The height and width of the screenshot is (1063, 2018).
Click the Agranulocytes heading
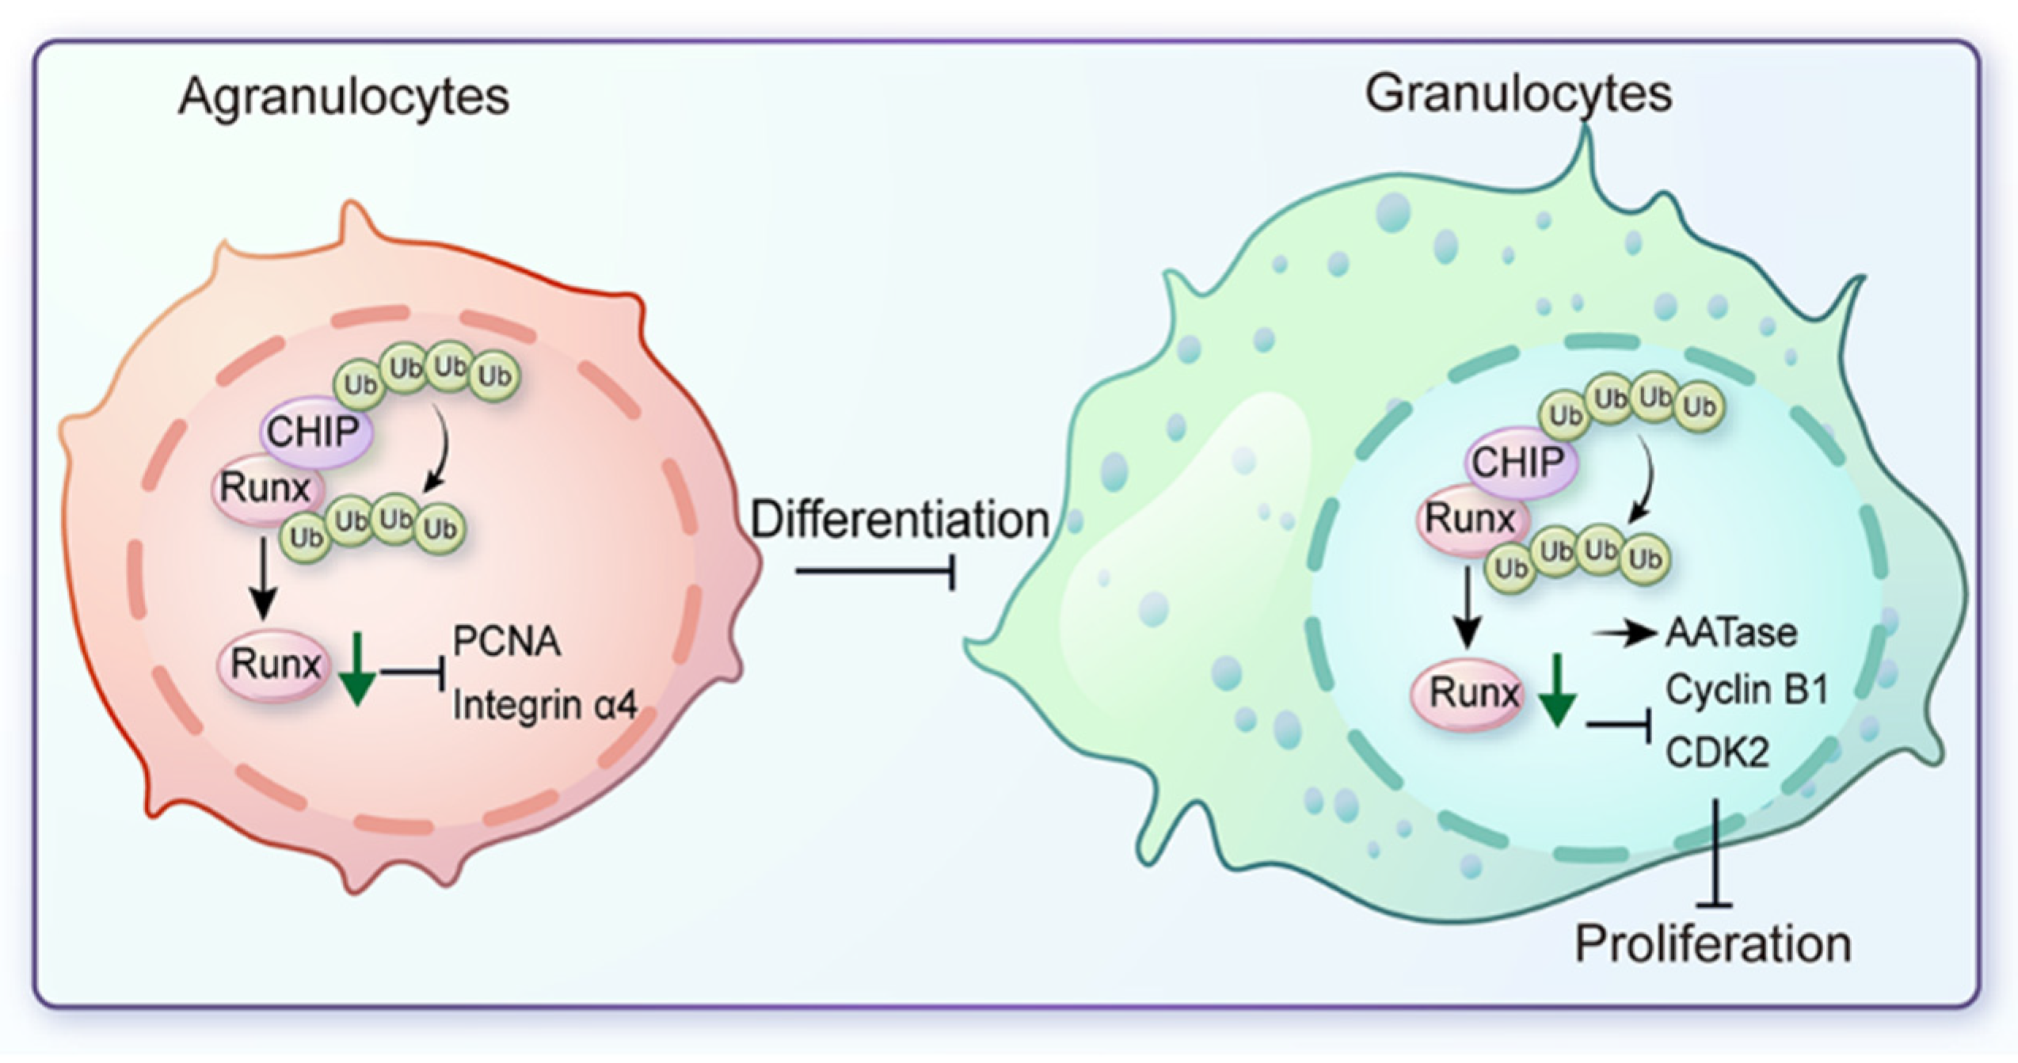coord(343,97)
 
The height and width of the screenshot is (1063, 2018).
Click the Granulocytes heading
coord(1517,94)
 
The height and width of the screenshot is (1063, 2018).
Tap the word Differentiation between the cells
coord(899,520)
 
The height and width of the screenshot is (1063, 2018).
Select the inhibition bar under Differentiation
coord(875,571)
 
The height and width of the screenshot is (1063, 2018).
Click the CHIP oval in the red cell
coord(314,432)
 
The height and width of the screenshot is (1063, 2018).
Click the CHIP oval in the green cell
coord(1518,463)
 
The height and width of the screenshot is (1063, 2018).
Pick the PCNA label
coord(507,641)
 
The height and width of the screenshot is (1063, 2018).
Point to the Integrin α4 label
coord(545,705)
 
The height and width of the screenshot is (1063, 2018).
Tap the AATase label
coord(1731,633)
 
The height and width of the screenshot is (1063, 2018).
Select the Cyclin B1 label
coord(1746,690)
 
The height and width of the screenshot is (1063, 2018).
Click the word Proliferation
coord(1712,944)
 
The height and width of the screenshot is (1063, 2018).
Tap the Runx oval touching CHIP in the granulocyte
coord(1469,520)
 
